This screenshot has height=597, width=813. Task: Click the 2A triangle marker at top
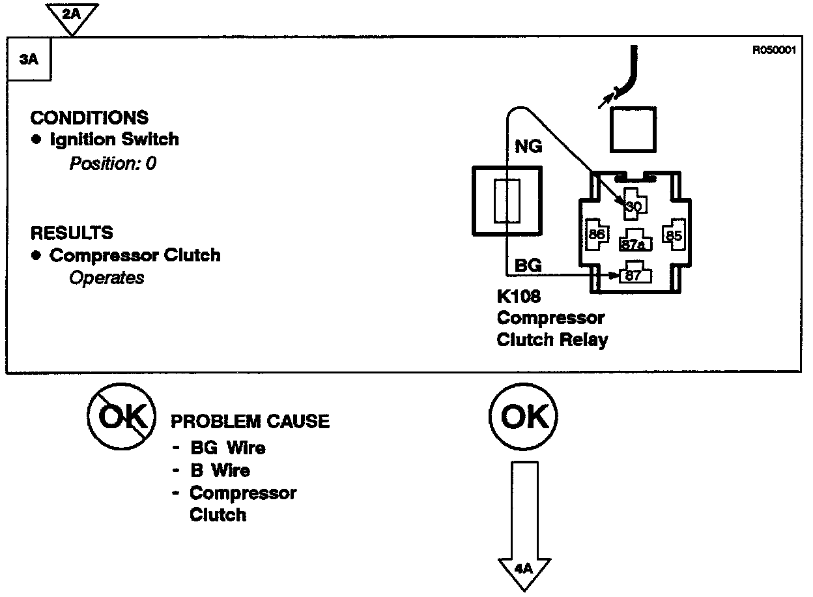(x=72, y=15)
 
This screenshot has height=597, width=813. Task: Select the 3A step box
(x=28, y=59)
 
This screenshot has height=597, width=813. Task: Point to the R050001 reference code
(x=774, y=51)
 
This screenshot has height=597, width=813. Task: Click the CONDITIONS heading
(x=89, y=118)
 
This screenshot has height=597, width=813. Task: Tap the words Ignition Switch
(x=114, y=139)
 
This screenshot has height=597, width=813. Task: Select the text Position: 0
(x=113, y=163)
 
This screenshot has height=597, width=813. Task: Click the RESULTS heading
(x=72, y=233)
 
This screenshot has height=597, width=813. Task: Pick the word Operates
(x=106, y=278)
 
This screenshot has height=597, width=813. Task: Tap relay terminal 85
(x=673, y=235)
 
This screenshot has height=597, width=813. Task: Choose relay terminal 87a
(x=633, y=244)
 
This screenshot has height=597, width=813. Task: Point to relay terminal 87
(x=634, y=275)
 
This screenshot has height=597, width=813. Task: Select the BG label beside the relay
(x=528, y=265)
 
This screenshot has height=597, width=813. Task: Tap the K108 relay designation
(x=519, y=298)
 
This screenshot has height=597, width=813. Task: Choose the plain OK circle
(x=522, y=416)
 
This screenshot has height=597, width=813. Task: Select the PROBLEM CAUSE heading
(x=250, y=422)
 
